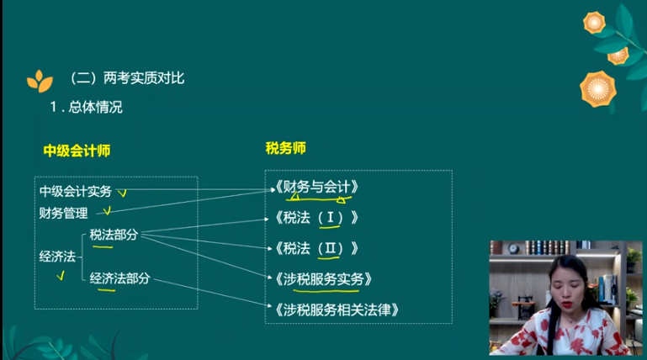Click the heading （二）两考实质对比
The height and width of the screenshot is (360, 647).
point(127,78)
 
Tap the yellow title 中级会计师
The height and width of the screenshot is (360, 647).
point(77,151)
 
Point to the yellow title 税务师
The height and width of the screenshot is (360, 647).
point(285,148)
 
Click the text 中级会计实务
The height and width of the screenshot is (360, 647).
point(75,191)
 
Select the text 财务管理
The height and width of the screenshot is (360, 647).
point(63,213)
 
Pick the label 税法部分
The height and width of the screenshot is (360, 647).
point(114,235)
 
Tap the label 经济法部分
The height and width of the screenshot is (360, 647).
point(119,278)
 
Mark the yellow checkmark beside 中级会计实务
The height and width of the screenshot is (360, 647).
point(123,193)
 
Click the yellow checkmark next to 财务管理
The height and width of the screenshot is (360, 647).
point(105,213)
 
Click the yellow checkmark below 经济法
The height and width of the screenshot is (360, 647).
point(61,276)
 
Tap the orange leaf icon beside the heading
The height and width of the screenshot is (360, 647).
point(39,80)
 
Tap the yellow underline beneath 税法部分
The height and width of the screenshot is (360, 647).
point(103,246)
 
